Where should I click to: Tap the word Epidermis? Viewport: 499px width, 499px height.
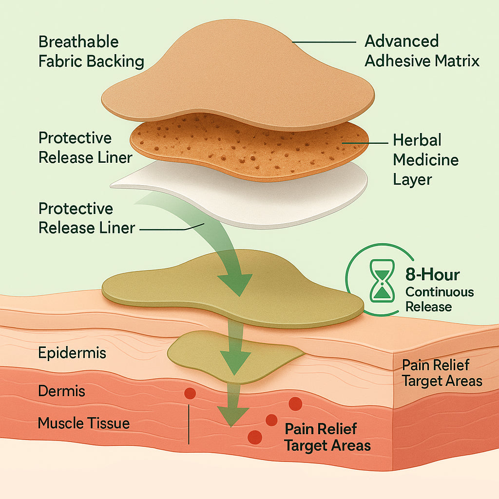pyautogui.click(x=72, y=352)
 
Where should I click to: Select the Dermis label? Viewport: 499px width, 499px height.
pyautogui.click(x=61, y=391)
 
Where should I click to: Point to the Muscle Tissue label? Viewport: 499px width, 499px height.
pyautogui.click(x=84, y=422)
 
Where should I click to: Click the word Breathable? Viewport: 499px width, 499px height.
pyautogui.click(x=78, y=42)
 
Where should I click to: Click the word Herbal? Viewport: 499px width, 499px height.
pyautogui.click(x=417, y=140)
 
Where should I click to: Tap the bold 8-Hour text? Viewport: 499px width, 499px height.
pyautogui.click(x=432, y=275)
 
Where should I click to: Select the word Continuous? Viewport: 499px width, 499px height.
pyautogui.click(x=439, y=292)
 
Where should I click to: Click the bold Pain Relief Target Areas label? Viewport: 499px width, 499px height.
pyautogui.click(x=327, y=437)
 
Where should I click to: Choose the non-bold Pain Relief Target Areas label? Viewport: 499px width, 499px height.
pyautogui.click(x=442, y=373)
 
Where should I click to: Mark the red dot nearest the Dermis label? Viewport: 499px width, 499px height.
pyautogui.click(x=190, y=393)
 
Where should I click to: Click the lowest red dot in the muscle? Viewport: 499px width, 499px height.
pyautogui.click(x=254, y=437)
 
